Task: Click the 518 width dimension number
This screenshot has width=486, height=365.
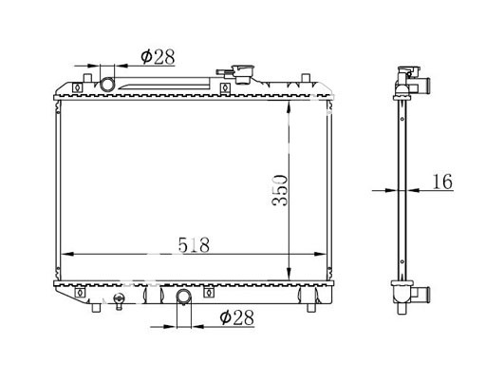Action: click(x=194, y=245)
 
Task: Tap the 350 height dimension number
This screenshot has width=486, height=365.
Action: click(x=280, y=190)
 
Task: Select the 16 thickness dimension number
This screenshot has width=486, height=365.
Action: click(x=442, y=182)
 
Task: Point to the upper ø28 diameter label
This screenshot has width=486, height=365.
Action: click(x=158, y=57)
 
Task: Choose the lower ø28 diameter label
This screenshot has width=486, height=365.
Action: click(x=237, y=317)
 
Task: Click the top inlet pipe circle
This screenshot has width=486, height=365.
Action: click(x=107, y=85)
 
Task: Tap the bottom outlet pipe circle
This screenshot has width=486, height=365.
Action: click(x=184, y=297)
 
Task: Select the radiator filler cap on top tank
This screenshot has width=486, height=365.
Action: click(x=240, y=73)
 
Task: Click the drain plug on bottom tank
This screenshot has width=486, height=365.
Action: click(x=119, y=301)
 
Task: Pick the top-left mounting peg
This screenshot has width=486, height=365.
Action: click(x=87, y=78)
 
